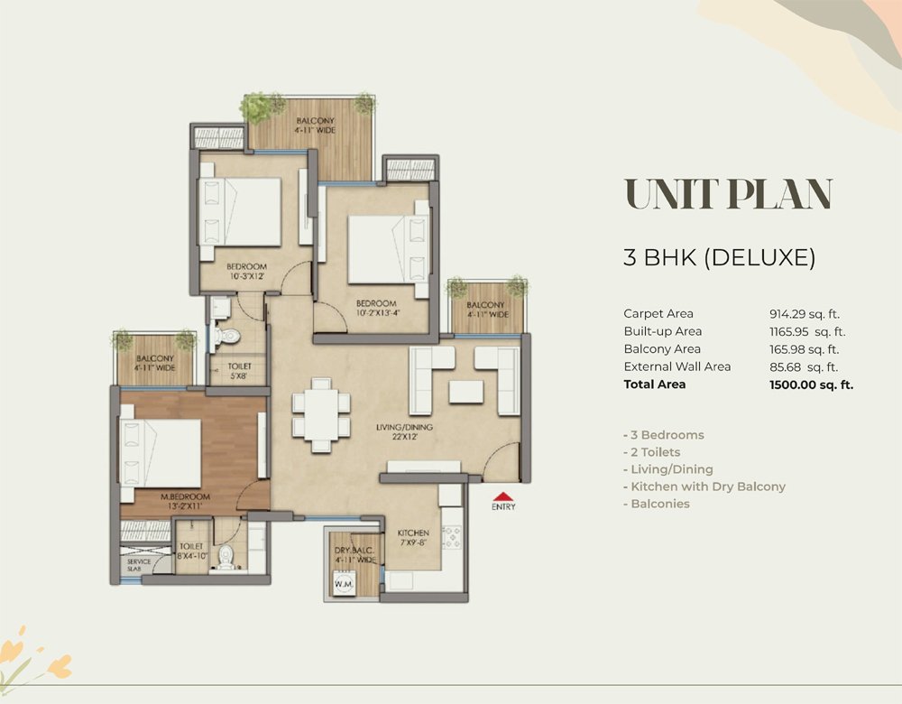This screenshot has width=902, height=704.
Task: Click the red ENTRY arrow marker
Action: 503,496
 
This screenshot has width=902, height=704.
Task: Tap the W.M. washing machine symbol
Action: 345,583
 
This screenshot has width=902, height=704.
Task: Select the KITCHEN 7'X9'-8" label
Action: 413,538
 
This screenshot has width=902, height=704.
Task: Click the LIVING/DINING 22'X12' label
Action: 404,431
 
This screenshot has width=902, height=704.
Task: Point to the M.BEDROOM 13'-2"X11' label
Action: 185,502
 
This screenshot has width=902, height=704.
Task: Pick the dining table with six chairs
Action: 321,415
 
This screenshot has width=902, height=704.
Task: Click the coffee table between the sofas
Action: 466,392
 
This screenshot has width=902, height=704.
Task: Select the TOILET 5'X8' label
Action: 239,371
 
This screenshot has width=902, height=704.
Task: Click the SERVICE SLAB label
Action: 139,565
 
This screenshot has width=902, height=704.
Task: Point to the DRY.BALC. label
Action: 354,551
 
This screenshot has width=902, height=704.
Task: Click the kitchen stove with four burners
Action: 452,537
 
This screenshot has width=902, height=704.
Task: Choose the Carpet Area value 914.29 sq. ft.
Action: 805,314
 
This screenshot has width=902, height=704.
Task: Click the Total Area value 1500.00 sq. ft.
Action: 811,384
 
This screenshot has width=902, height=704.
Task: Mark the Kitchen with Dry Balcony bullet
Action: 704,487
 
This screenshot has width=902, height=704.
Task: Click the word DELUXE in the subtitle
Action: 759,257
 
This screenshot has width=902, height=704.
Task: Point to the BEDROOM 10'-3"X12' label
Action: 246,271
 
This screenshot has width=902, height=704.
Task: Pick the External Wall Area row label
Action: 677,366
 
